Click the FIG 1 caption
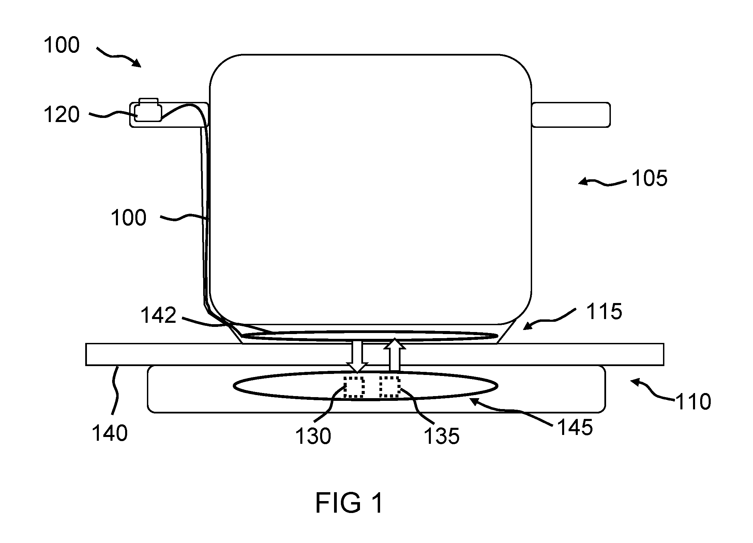[349, 503]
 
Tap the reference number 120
[62, 115]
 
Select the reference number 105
[649, 179]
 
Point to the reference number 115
[604, 312]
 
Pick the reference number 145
[575, 427]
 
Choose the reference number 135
[442, 436]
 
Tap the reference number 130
[313, 436]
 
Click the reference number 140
[110, 433]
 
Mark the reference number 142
[159, 315]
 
